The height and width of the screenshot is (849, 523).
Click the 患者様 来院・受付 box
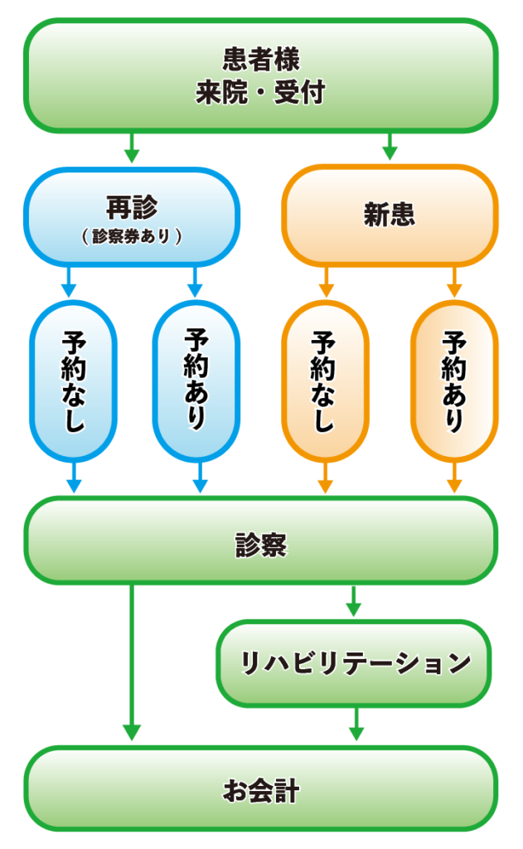(260, 75)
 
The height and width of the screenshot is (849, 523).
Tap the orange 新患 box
(390, 215)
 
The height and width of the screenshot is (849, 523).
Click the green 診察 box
(260, 545)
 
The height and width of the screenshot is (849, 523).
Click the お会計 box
(260, 791)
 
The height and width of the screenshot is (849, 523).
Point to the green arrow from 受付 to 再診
(131, 149)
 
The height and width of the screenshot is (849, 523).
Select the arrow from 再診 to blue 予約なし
(70, 283)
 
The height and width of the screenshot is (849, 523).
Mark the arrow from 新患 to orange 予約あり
(454, 283)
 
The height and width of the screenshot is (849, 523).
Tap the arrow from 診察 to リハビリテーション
(354, 601)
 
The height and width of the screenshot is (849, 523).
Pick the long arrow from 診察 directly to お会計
(131, 663)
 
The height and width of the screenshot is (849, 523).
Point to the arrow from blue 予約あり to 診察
(200, 478)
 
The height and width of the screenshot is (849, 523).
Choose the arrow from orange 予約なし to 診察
(325, 478)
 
